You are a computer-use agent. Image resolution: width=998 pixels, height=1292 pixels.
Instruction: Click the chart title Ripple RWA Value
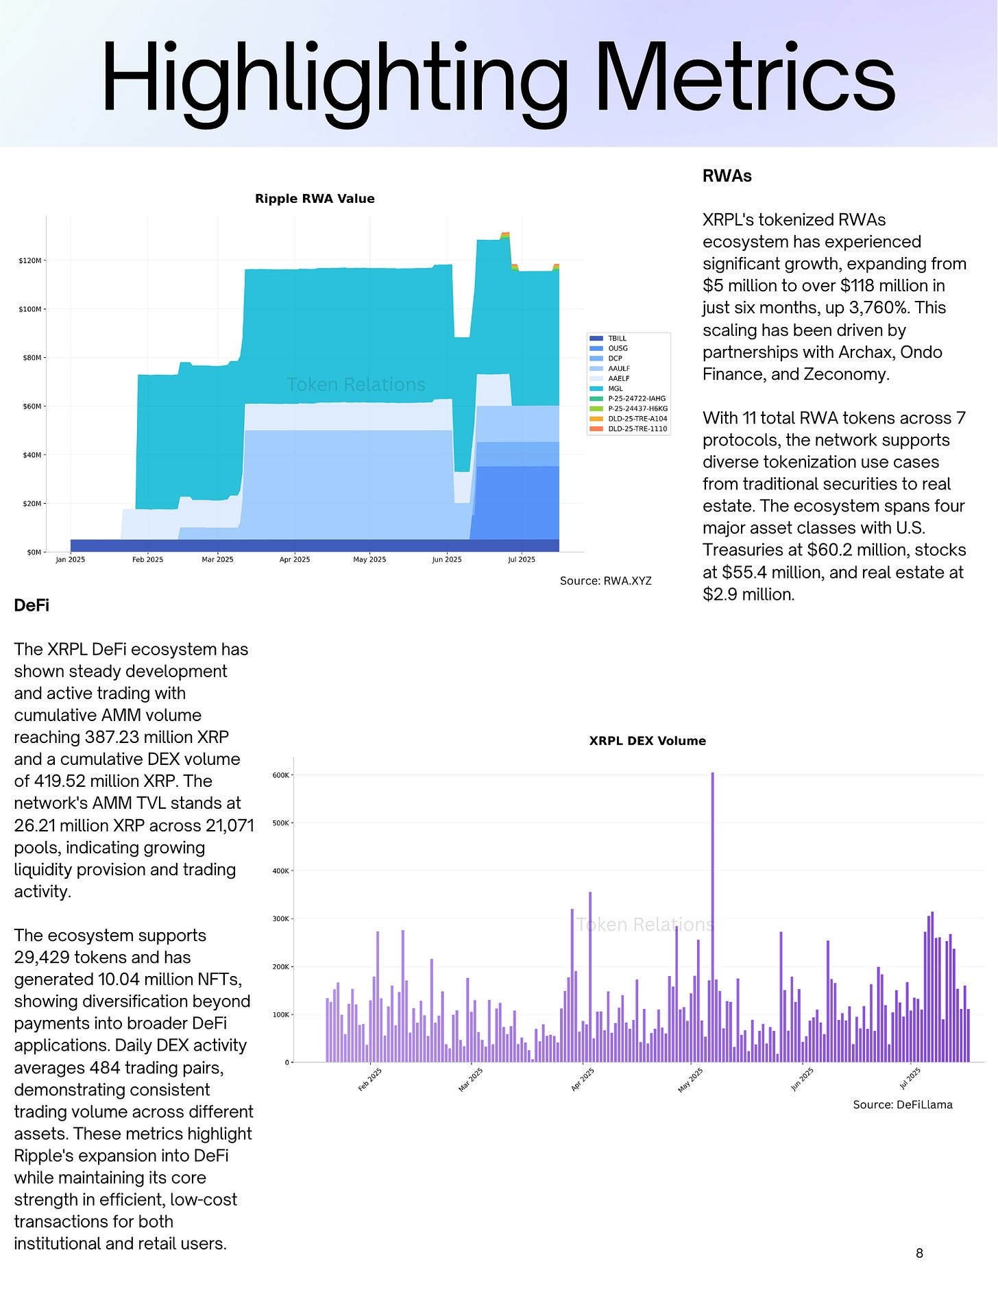pos(315,199)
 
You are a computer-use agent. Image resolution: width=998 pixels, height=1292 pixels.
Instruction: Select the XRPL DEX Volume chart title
pos(647,741)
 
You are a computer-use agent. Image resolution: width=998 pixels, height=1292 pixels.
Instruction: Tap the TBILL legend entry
pos(617,339)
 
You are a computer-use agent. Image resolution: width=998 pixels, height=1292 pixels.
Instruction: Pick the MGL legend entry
pos(615,389)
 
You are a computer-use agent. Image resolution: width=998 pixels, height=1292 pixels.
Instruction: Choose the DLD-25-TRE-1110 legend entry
pos(637,429)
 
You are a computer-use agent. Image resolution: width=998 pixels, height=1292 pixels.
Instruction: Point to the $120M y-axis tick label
pos(30,261)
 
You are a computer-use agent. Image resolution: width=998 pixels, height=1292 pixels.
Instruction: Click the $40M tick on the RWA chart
pos(32,455)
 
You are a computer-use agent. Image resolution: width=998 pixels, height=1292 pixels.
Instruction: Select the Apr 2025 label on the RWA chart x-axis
pos(295,560)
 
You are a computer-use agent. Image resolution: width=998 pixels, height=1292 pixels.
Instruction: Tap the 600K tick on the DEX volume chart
pos(281,775)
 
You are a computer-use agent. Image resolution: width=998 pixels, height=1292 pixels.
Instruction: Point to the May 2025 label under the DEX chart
pos(690,1080)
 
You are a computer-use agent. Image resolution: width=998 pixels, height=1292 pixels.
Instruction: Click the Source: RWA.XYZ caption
pos(605,581)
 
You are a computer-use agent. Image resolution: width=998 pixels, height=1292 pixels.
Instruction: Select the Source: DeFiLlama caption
pos(902,1105)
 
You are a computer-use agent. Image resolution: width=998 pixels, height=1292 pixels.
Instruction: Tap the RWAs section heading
pos(727,176)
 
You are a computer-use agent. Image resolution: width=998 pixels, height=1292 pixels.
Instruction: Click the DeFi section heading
pos(32,605)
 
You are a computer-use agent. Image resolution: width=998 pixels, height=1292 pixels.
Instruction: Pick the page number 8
pos(919,1254)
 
